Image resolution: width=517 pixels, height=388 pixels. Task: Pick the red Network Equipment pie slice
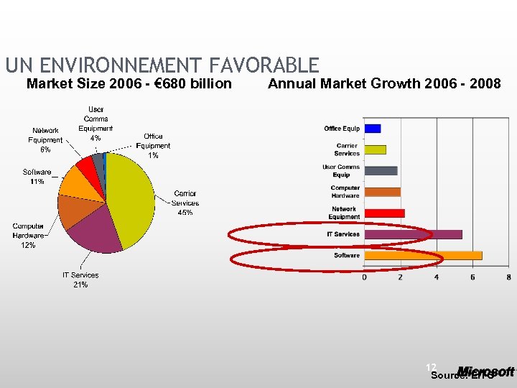click(85, 165)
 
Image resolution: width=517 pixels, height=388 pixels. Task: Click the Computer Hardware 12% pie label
click(28, 236)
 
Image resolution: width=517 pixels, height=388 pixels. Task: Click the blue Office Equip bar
click(372, 129)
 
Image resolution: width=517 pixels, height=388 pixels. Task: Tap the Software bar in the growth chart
click(423, 255)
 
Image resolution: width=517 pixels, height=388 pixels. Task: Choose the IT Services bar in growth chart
click(413, 234)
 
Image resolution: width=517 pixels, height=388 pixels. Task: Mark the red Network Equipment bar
click(384, 213)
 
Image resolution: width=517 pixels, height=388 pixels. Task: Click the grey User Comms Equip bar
click(381, 171)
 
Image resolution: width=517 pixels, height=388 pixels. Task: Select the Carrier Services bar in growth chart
click(375, 149)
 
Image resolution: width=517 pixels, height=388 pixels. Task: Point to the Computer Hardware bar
click(382, 192)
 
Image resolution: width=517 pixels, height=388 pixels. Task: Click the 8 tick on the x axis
click(508, 277)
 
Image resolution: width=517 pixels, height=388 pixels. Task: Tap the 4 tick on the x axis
click(437, 277)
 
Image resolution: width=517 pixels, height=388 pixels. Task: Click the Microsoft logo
click(486, 371)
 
